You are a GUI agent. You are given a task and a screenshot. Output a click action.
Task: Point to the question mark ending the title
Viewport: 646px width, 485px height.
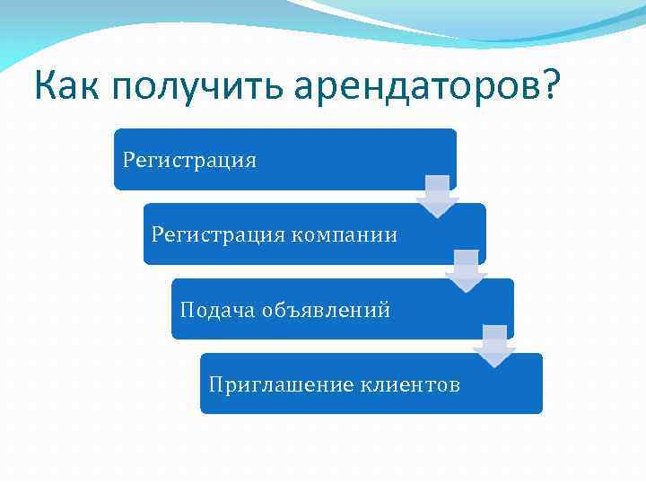[546, 87]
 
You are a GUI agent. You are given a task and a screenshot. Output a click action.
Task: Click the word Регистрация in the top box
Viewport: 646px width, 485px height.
[189, 161]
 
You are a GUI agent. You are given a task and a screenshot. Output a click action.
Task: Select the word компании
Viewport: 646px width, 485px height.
[344, 235]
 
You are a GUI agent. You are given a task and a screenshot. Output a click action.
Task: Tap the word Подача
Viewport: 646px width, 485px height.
[218, 310]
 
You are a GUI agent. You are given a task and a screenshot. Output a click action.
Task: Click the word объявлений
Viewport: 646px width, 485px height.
[326, 310]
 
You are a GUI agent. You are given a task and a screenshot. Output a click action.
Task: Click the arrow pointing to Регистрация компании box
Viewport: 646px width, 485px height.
[437, 197]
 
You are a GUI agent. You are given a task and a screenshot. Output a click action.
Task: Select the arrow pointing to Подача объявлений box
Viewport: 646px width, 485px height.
[466, 271]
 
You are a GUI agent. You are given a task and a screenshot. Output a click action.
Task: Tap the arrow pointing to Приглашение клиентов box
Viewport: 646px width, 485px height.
[494, 346]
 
